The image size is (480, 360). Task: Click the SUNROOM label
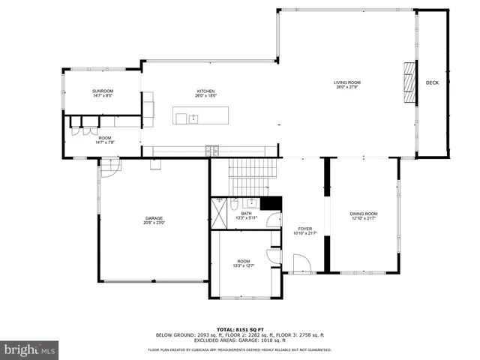[x=103, y=91]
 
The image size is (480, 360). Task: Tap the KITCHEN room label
[x=206, y=91]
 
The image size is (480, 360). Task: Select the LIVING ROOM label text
[x=347, y=82]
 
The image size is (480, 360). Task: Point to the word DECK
[x=432, y=83]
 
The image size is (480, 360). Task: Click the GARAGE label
[x=154, y=218]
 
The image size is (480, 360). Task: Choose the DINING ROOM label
[x=364, y=214]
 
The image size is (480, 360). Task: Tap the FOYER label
[x=305, y=229]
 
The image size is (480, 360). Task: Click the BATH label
[x=246, y=214]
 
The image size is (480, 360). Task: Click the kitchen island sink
[x=193, y=117]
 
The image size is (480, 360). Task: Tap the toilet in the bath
[x=234, y=203]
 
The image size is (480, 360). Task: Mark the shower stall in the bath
[x=217, y=214]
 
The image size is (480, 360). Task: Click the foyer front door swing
[x=301, y=264]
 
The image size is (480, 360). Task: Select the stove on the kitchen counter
[x=216, y=151]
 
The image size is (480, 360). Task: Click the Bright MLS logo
[x=29, y=349]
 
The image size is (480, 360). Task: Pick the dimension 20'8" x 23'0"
[x=154, y=223]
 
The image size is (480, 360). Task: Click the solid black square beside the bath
[x=274, y=203]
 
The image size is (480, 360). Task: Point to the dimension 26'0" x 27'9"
[x=347, y=87]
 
